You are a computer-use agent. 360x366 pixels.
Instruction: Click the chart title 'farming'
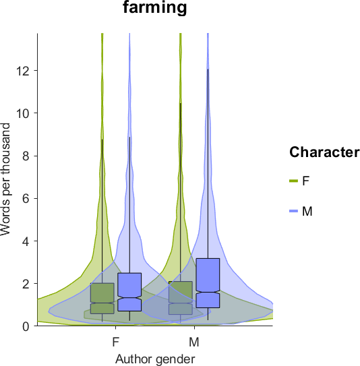pyautogui.click(x=155, y=7)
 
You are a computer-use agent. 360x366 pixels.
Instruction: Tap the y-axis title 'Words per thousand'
pyautogui.click(x=5, y=179)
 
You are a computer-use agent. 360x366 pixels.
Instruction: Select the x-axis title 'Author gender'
pyautogui.click(x=155, y=359)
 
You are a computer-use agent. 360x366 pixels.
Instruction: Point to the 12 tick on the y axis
pyautogui.click(x=23, y=71)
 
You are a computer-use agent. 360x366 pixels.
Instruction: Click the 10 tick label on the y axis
pyautogui.click(x=23, y=113)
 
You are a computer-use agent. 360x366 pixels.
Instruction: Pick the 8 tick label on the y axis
pyautogui.click(x=26, y=156)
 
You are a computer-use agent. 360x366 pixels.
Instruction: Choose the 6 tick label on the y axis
pyautogui.click(x=26, y=199)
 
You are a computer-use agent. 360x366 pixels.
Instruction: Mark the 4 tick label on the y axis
pyautogui.click(x=26, y=241)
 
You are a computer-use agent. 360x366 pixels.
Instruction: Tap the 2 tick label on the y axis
pyautogui.click(x=26, y=284)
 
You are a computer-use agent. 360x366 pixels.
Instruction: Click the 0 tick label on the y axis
pyautogui.click(x=26, y=326)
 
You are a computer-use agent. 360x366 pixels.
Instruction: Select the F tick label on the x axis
pyautogui.click(x=116, y=342)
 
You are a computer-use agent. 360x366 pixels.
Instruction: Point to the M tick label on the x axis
pyautogui.click(x=194, y=342)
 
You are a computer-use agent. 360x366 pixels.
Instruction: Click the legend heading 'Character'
pyautogui.click(x=324, y=152)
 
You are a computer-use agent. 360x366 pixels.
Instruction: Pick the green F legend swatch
pyautogui.click(x=294, y=181)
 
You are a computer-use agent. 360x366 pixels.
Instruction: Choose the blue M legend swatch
pyautogui.click(x=294, y=211)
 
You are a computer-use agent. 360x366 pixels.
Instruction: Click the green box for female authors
pyautogui.click(x=102, y=299)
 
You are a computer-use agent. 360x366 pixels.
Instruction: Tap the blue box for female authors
pyautogui.click(x=129, y=292)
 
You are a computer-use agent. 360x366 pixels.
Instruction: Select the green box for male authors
pyautogui.click(x=181, y=298)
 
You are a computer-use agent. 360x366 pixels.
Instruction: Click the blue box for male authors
pyautogui.click(x=208, y=283)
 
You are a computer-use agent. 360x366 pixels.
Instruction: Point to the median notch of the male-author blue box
pyautogui.click(x=208, y=292)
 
